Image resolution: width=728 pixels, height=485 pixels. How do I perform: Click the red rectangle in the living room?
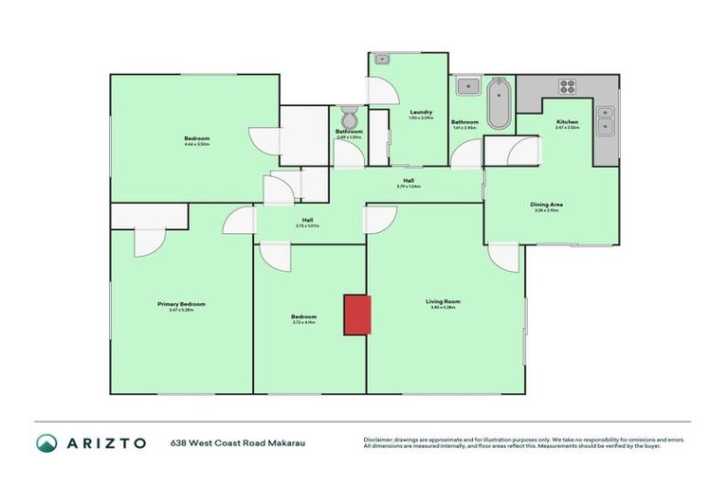click(x=356, y=314)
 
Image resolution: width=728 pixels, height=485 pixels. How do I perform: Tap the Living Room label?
click(x=442, y=302)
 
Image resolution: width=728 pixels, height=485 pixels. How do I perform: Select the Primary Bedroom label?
click(x=181, y=303)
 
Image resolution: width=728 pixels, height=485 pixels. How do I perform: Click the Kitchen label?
click(x=567, y=121)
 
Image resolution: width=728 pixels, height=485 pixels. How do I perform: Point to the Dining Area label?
click(x=547, y=204)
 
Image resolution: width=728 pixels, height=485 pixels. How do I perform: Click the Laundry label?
click(x=408, y=112)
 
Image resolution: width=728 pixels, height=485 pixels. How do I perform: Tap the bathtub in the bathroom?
click(x=498, y=103)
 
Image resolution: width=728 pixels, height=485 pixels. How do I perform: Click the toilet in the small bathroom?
click(x=348, y=118)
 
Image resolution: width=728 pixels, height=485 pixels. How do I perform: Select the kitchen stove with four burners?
click(x=568, y=87)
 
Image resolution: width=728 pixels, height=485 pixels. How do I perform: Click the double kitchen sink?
click(x=604, y=119)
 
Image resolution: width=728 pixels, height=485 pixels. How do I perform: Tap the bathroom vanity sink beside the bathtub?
click(x=467, y=87)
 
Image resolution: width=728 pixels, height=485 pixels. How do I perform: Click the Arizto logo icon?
click(x=46, y=442)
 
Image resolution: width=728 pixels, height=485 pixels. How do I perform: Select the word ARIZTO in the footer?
click(x=105, y=442)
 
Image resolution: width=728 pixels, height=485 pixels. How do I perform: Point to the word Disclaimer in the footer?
click(x=380, y=439)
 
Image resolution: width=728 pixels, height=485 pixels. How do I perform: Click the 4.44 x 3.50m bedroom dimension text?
click(x=197, y=145)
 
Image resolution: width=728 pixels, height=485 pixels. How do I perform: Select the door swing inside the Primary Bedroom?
click(x=150, y=242)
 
